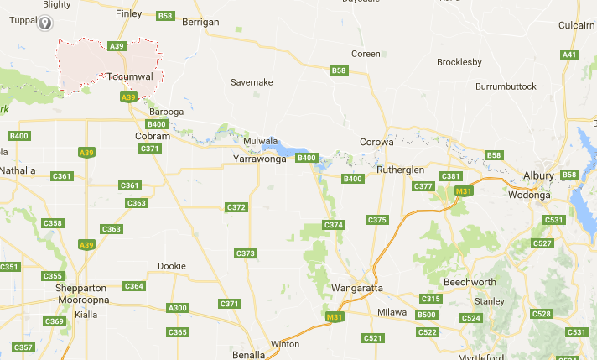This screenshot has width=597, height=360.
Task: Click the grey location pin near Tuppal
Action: pyautogui.click(x=46, y=21)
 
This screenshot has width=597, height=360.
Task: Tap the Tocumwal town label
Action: pyautogui.click(x=130, y=76)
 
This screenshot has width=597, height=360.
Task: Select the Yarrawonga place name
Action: pyautogui.click(x=259, y=158)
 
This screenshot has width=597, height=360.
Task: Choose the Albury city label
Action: pyautogui.click(x=538, y=175)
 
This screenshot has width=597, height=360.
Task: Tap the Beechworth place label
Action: pyautogui.click(x=470, y=281)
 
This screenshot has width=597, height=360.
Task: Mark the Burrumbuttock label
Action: pyautogui.click(x=506, y=86)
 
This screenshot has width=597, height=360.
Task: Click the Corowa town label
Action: pyautogui.click(x=376, y=142)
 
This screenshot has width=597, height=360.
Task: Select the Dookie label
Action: pyautogui.click(x=172, y=266)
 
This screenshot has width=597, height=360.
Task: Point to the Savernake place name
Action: pyautogui.click(x=253, y=82)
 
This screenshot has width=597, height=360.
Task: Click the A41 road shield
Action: pyautogui.click(x=570, y=55)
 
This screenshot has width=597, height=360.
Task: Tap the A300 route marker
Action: pyautogui.click(x=178, y=308)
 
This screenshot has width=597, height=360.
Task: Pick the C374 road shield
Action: pyautogui.click(x=334, y=225)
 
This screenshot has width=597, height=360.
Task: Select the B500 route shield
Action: pyautogui.click(x=427, y=315)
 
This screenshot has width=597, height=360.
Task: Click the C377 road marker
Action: pyautogui.click(x=423, y=186)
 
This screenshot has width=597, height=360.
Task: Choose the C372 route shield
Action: pyautogui.click(x=236, y=207)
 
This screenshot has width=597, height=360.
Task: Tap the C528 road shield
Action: pyautogui.click(x=542, y=314)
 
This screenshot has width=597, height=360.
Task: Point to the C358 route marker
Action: pyautogui.click(x=53, y=223)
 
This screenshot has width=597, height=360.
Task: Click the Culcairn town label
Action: pyautogui.click(x=576, y=26)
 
